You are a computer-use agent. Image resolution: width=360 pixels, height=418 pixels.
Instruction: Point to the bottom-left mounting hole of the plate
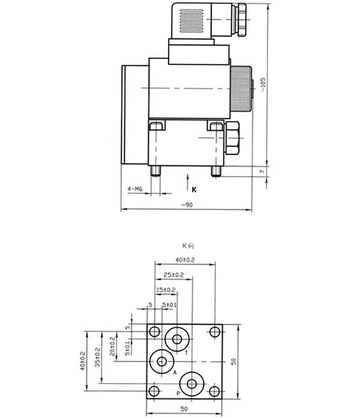155,392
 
